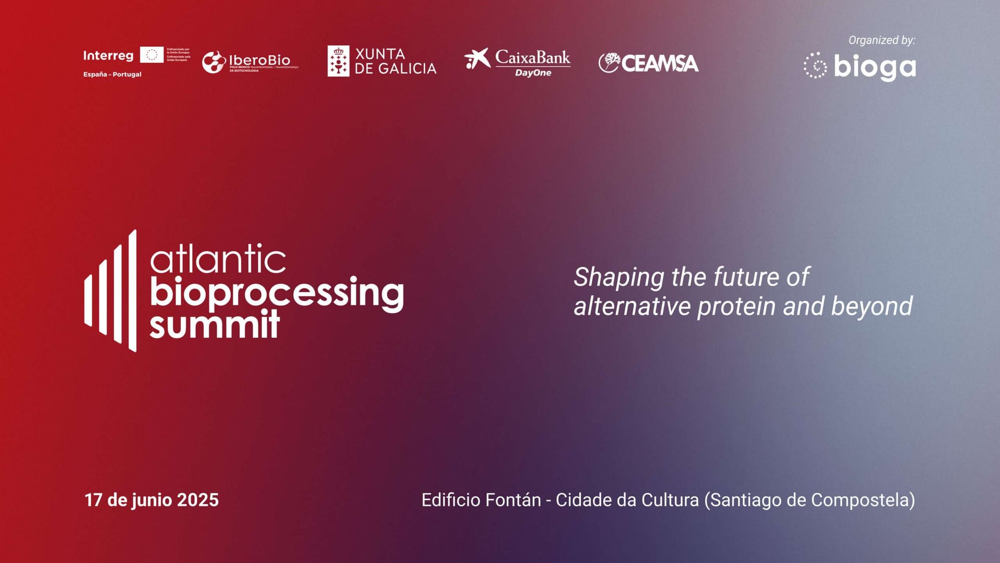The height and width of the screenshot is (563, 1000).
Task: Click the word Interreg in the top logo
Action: [108, 56]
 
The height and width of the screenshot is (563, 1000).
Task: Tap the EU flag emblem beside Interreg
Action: [152, 55]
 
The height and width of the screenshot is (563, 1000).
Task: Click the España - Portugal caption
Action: [112, 75]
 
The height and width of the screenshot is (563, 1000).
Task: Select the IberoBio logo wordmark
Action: [259, 60]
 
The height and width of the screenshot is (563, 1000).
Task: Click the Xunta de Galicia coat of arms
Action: [338, 61]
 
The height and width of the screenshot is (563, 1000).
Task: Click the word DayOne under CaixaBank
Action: [533, 73]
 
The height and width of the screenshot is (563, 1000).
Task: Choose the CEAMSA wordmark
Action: [659, 64]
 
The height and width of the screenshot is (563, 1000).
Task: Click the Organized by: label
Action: [881, 40]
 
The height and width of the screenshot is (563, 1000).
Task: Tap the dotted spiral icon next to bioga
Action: [815, 66]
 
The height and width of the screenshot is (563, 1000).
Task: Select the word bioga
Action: [874, 67]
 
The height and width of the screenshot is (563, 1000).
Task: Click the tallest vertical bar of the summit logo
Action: [132, 290]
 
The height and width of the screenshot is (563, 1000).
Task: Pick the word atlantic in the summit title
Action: [218, 259]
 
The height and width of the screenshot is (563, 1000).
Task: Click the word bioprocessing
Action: [277, 293]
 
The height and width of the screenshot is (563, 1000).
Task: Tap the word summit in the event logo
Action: [215, 325]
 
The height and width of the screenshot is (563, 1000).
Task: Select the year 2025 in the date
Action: [197, 500]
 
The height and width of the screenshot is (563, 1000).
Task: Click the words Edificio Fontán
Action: [481, 500]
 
